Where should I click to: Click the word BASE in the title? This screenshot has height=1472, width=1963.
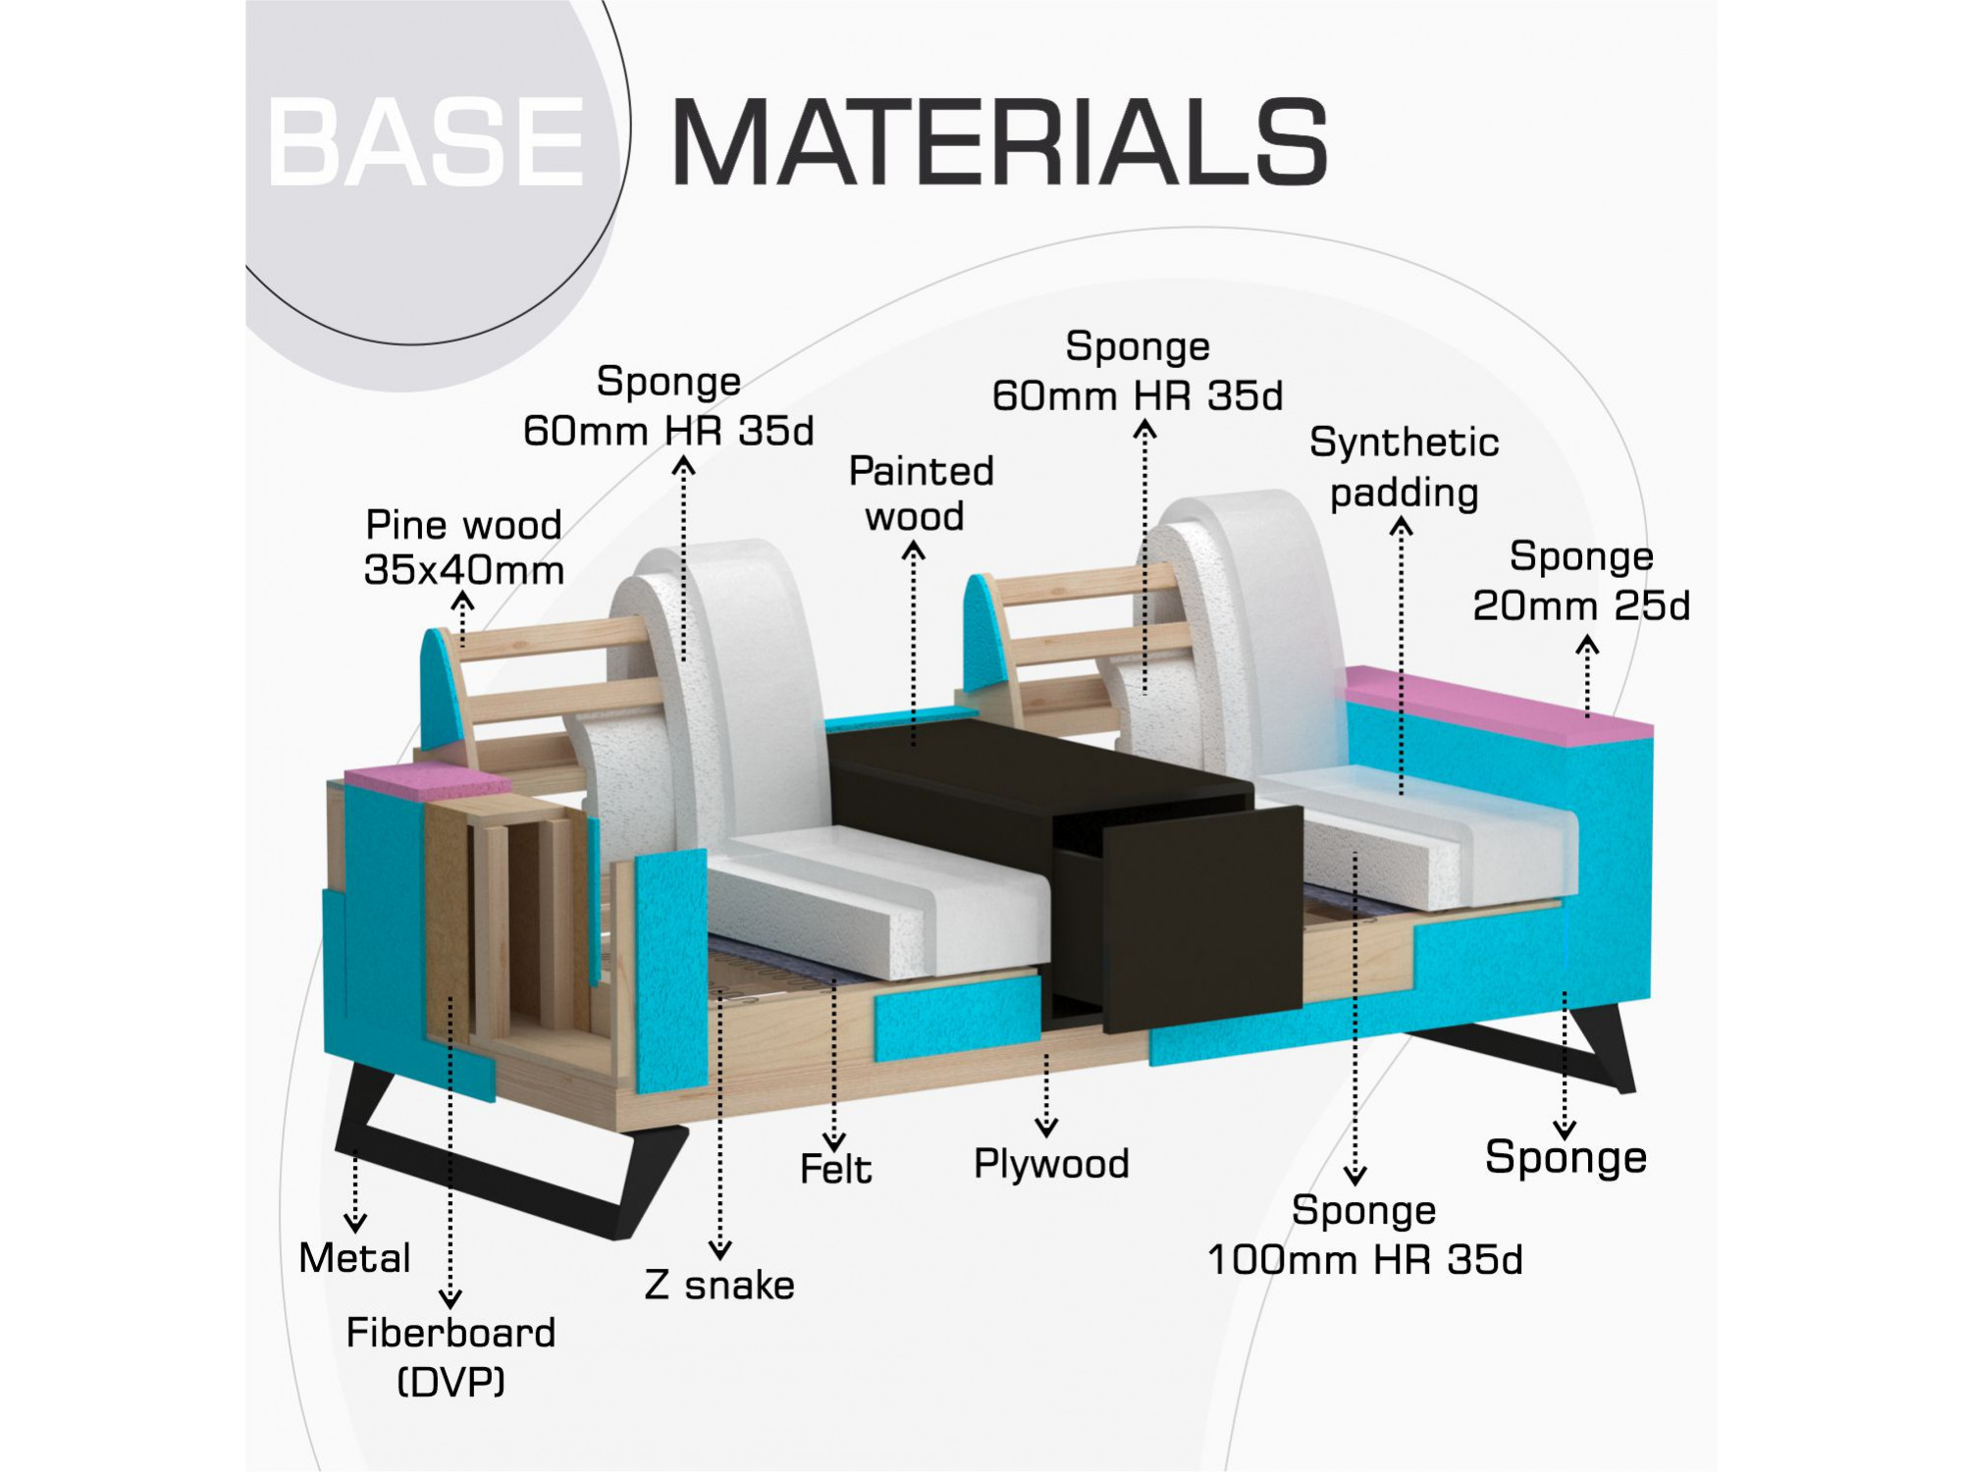pos(427,142)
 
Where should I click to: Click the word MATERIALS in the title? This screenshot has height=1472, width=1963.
pos(999,142)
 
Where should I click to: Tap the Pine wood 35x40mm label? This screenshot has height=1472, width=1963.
pos(463,548)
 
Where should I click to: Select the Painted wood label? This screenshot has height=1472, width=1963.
pos(920,494)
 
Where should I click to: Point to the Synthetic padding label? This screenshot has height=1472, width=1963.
pos(1404,467)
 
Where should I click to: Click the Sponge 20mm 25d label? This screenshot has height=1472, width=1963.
pos(1581,581)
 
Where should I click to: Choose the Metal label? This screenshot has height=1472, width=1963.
pos(354,1258)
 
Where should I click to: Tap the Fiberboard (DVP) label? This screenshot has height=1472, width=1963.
pos(451,1356)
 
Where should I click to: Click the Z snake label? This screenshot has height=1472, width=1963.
pos(719,1285)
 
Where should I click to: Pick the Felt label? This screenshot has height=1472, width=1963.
pos(835,1169)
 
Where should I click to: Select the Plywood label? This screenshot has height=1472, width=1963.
pos(1051,1163)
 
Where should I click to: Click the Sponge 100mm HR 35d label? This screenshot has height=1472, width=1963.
pos(1364,1235)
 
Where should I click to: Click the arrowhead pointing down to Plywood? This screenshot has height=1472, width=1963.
pos(1046,1128)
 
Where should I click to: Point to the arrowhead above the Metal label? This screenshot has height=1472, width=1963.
pos(355,1222)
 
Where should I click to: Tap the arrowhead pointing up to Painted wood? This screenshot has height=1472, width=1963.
pos(914,552)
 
